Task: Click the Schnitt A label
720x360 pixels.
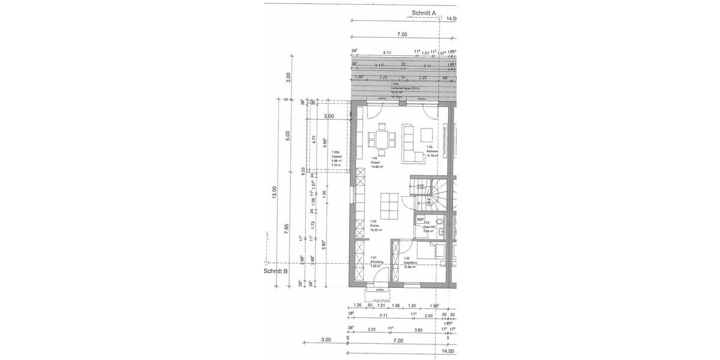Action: tap(424, 12)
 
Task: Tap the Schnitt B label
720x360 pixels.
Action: tap(275, 271)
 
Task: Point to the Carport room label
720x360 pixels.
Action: tap(336, 157)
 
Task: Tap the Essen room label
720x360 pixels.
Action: tap(376, 163)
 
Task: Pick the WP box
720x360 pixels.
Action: tap(421, 219)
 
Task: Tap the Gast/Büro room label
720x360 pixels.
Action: tap(410, 263)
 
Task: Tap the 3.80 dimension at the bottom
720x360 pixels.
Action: tap(418, 329)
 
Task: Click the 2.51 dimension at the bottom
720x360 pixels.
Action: tap(372, 329)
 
